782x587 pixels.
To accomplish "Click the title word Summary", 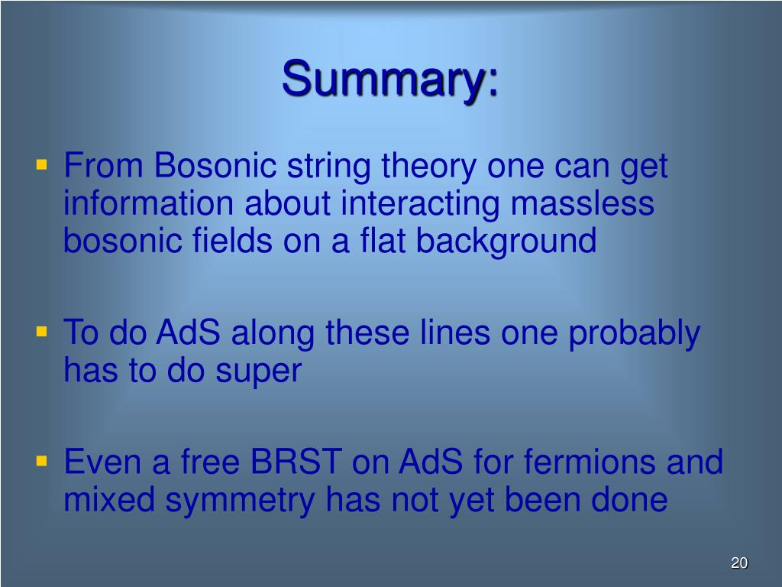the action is (x=390, y=79).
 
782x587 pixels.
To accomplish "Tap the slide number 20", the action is (x=739, y=563).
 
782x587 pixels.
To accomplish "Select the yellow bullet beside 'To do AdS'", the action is (x=42, y=332).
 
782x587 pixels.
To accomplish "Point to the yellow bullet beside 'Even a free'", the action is (x=42, y=461).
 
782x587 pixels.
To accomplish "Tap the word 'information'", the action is (x=149, y=203).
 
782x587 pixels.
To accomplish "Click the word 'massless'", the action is (x=583, y=203).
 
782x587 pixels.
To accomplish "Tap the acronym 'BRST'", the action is (x=296, y=462).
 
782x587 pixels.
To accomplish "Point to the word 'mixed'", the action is (x=109, y=499).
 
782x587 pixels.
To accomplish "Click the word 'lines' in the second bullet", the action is (x=455, y=332).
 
